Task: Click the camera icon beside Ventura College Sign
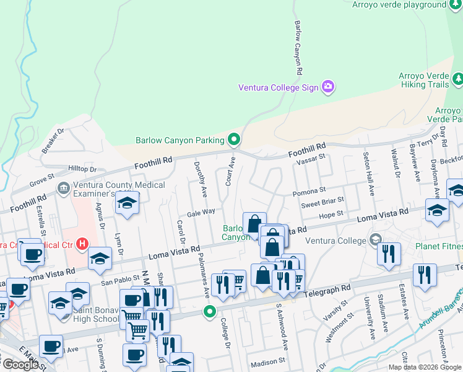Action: coord(328,87)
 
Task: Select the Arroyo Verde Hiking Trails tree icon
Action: coord(458,79)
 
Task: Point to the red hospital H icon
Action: coord(82,244)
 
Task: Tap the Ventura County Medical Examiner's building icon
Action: coord(63,188)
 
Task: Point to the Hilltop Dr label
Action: coord(83,169)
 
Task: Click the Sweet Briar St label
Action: coord(322,203)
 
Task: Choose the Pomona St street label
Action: coord(309,191)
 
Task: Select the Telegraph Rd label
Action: coord(328,289)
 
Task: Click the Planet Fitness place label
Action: coord(439,246)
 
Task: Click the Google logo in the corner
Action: coord(20,365)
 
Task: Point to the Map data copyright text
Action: coord(425,367)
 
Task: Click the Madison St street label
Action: coord(268,360)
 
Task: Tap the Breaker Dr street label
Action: coord(53,141)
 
